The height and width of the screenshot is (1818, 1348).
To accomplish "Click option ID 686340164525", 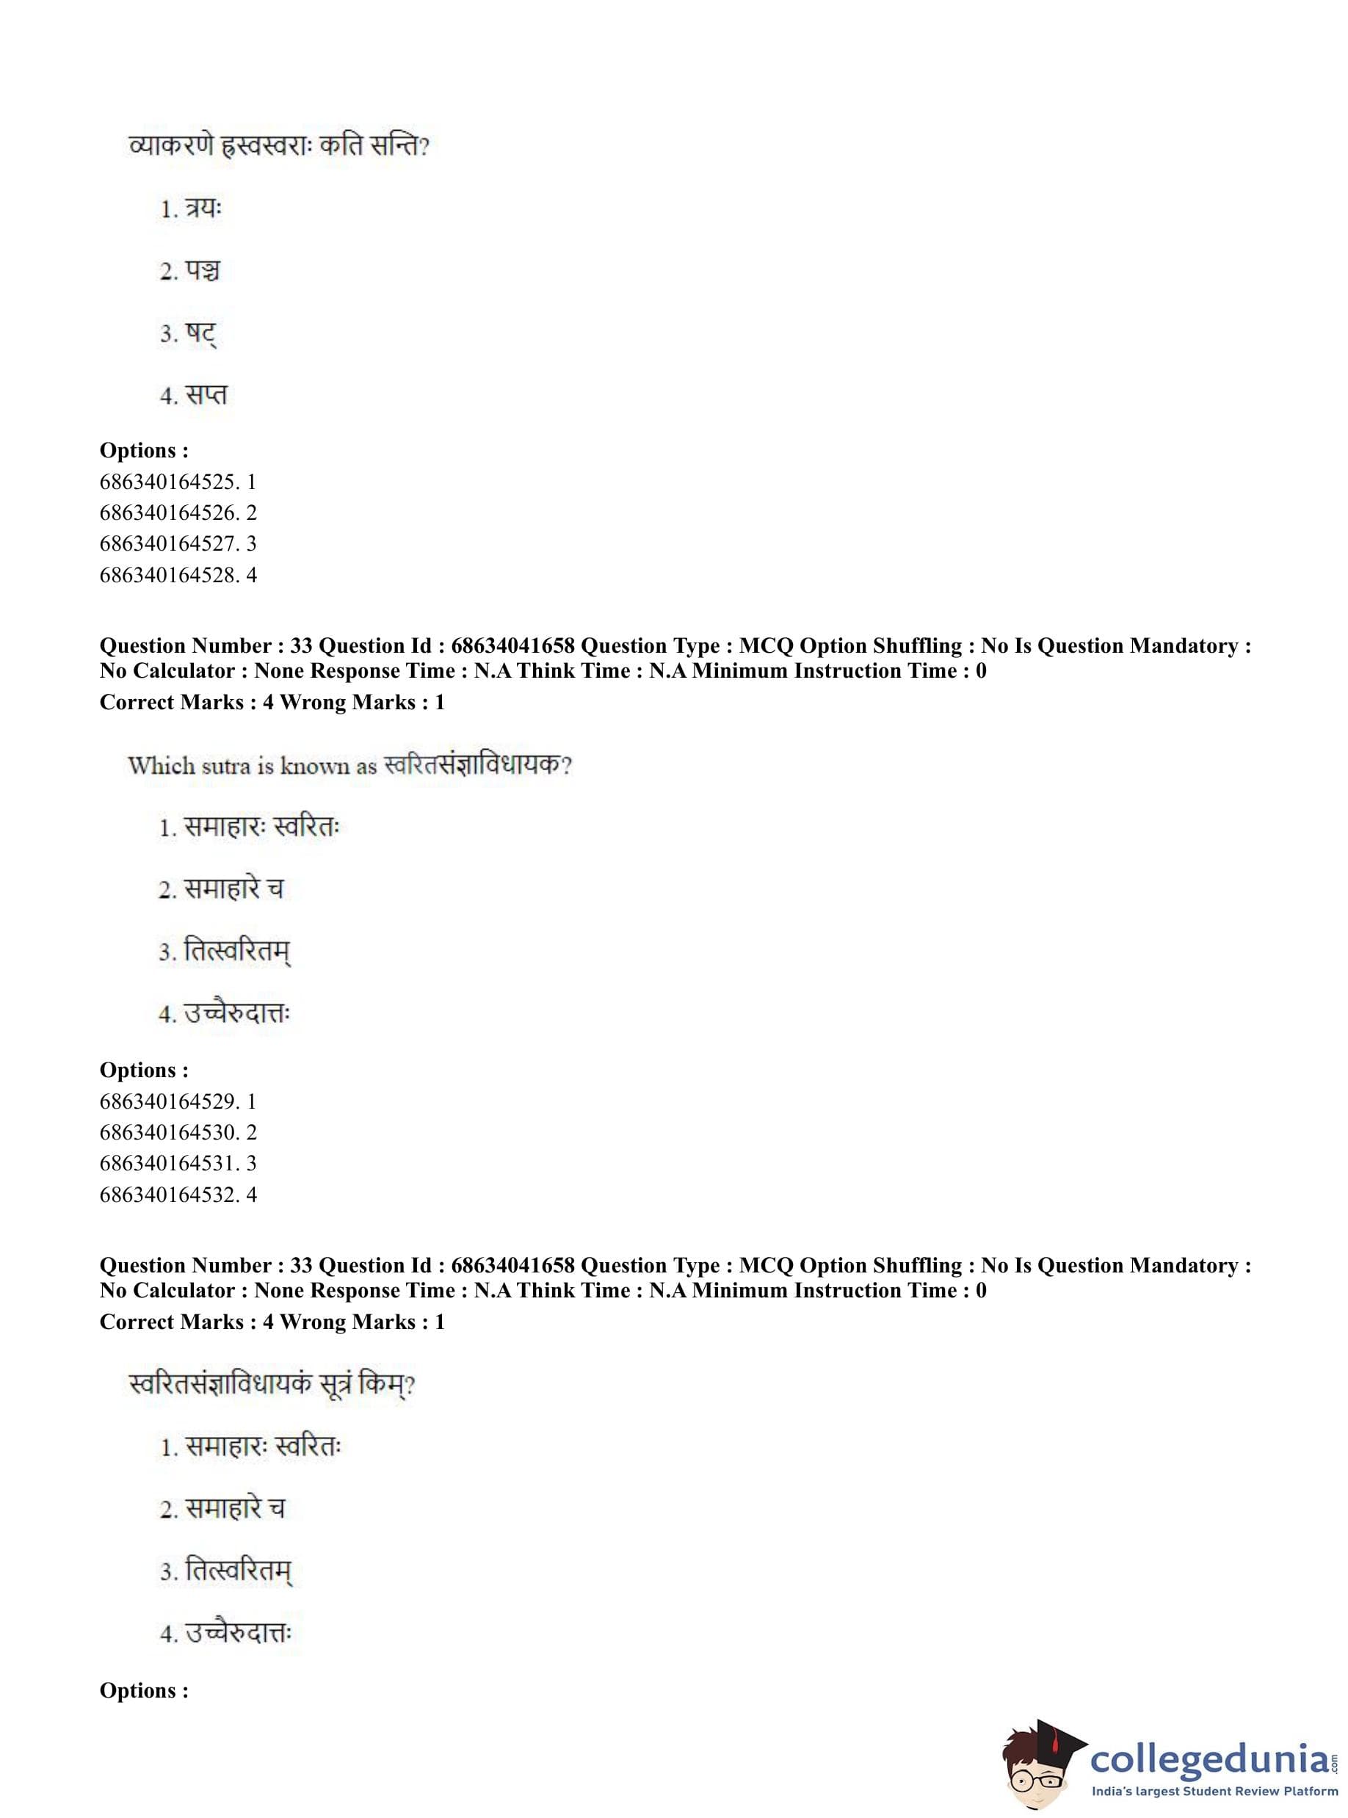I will tap(177, 482).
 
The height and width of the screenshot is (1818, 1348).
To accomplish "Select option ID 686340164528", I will tap(177, 574).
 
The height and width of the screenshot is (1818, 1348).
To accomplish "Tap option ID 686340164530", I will tap(177, 1131).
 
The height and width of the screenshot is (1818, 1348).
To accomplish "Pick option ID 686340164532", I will tap(177, 1194).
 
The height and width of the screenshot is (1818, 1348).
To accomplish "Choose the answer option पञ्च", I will tap(191, 271).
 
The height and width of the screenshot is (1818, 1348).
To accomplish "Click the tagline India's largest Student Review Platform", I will tap(1214, 1791).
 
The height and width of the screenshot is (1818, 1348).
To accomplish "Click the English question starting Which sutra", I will tap(350, 765).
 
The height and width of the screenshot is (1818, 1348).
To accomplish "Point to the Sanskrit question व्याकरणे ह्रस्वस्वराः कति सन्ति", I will tap(279, 147).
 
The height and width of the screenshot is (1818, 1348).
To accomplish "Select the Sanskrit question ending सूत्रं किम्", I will tap(272, 1385).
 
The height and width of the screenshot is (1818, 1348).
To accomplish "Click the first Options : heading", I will tap(144, 450).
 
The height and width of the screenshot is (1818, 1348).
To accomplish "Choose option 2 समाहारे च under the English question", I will tap(221, 888).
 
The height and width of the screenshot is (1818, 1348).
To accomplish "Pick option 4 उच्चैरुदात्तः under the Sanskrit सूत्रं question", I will tap(226, 1633).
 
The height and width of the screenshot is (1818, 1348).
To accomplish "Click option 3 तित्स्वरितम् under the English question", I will tap(225, 952).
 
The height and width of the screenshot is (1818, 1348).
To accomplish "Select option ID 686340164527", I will tap(177, 543).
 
